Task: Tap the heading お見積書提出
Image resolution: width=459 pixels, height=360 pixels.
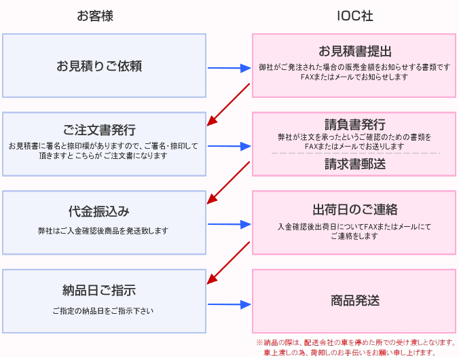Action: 355,52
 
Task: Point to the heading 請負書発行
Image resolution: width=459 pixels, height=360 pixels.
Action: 355,124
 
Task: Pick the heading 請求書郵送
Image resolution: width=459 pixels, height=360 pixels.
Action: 355,164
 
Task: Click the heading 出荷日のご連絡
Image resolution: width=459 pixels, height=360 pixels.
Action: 355,209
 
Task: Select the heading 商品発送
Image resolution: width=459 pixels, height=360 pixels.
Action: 355,300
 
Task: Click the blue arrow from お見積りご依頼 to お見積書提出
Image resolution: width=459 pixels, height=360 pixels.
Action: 229,68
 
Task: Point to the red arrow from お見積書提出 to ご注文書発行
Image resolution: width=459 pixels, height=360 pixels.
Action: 229,105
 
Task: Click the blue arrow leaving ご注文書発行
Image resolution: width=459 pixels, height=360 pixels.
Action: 229,146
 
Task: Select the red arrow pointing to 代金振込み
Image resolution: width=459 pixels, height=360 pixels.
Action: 229,183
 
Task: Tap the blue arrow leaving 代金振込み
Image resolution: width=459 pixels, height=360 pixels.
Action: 229,224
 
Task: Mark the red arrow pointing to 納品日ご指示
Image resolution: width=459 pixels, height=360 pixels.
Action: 229,262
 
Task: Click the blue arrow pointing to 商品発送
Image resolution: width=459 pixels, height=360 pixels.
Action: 229,304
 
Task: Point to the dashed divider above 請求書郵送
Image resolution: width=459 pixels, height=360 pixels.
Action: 355,154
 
